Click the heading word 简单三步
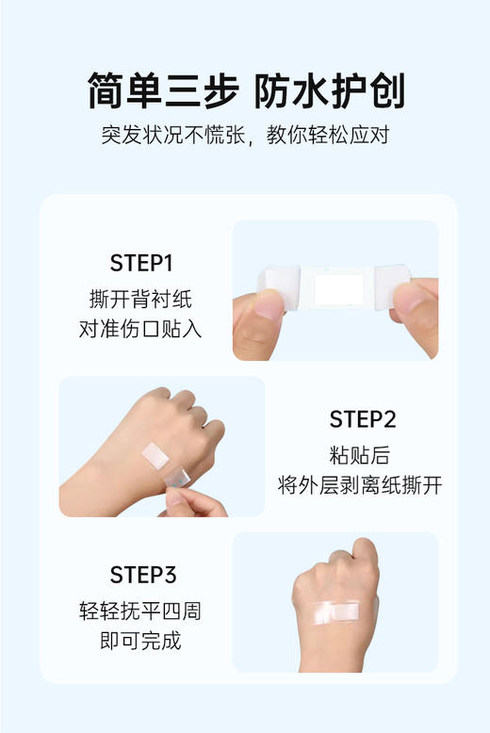coord(162,90)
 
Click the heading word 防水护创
coord(330,90)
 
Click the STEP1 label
coord(141,263)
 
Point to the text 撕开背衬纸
coord(140,299)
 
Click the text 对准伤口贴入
coord(140,330)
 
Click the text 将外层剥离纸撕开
coord(361,485)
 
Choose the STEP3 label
coord(141,575)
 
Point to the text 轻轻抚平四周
coord(140,611)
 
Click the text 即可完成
coord(140,642)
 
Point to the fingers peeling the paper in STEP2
coord(193,501)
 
